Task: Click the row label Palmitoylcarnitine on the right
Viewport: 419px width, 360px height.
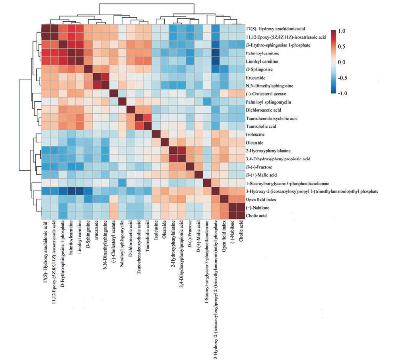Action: [260, 53]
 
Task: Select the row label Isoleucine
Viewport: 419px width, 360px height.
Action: [254, 134]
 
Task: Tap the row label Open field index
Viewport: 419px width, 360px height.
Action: [258, 200]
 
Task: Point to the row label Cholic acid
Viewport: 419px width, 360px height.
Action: [255, 216]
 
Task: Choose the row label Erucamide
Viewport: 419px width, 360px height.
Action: [255, 77]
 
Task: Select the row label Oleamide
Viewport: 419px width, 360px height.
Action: [254, 142]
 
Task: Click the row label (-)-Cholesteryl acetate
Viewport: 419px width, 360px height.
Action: [263, 93]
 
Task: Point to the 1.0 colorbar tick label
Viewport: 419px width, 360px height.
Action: [342, 31]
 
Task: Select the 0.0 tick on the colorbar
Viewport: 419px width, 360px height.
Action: [342, 62]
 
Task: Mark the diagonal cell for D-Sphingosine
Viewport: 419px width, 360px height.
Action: [87, 69]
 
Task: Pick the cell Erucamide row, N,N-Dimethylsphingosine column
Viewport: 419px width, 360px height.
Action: [105, 77]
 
